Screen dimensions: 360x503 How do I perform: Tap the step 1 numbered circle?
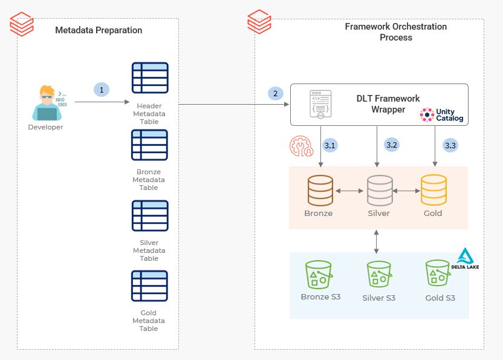coord(102,90)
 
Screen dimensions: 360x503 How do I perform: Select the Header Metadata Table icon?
coord(150,78)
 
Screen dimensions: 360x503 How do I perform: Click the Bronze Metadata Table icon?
coord(150,145)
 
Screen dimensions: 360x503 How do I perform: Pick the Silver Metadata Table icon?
coord(150,216)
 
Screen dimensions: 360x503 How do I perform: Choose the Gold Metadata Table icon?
coord(150,286)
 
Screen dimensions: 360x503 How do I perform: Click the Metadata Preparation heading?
coord(99,30)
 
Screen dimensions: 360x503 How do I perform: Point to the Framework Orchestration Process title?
coord(396,32)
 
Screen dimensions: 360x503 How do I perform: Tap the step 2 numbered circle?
coord(276,93)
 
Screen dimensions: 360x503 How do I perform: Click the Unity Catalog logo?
coord(443,115)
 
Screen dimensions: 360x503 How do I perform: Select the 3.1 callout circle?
coord(330,145)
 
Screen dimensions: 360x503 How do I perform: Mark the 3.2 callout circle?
coord(391,145)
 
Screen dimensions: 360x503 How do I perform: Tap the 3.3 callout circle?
coord(450,145)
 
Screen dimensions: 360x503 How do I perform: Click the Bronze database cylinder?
coord(320,190)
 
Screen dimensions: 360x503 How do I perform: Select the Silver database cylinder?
coord(380,190)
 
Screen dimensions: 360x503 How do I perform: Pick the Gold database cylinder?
coord(433,190)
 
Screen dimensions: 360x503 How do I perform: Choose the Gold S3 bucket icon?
coord(439,275)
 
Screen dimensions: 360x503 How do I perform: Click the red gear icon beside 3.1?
coord(300,146)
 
